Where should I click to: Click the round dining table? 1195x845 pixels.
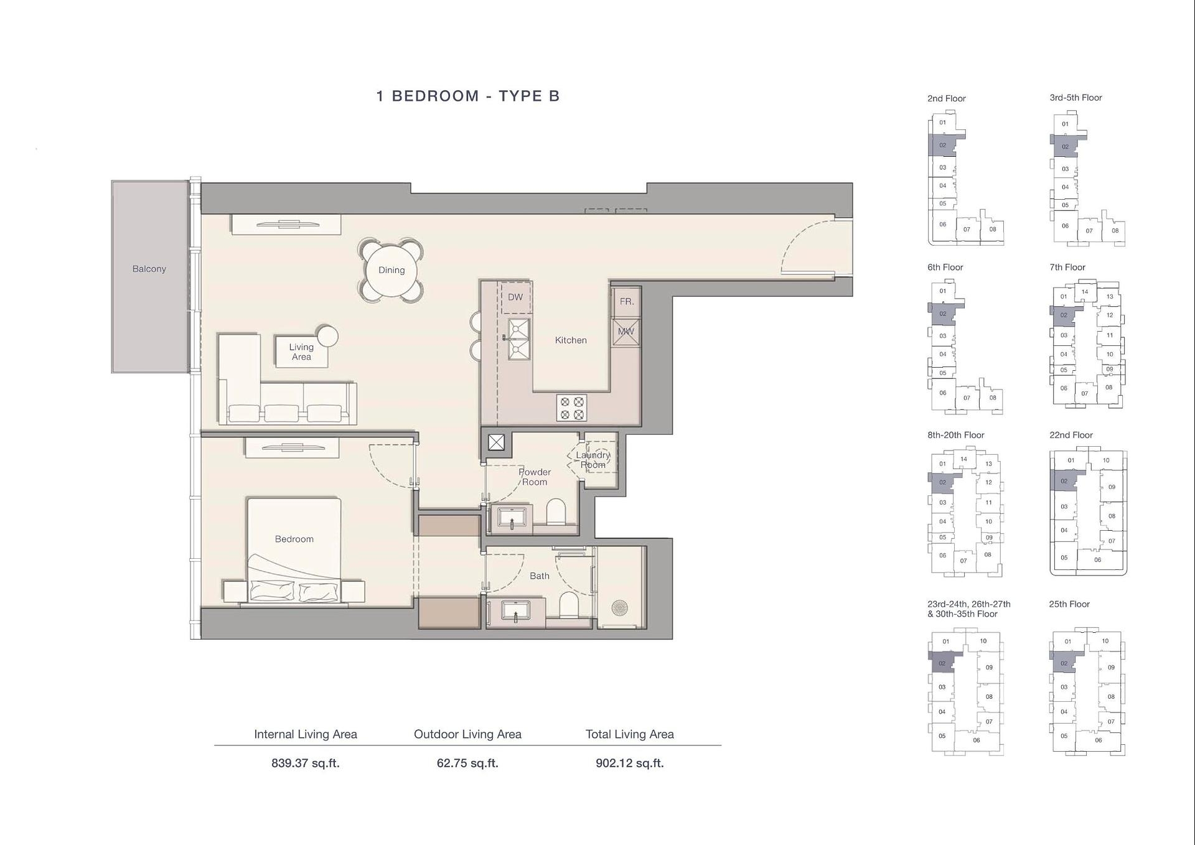[391, 270]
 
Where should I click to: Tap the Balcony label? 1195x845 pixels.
[149, 269]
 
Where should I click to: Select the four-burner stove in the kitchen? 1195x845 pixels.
[571, 408]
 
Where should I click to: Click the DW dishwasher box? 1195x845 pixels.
[516, 297]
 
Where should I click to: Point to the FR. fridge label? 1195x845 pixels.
[626, 302]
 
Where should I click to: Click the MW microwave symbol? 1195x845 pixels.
[626, 332]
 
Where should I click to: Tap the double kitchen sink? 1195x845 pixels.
[518, 339]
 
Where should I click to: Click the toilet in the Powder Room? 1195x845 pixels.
[555, 513]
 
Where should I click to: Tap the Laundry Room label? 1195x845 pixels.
[593, 460]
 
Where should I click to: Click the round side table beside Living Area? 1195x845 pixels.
[327, 337]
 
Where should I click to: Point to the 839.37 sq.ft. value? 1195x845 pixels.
[305, 763]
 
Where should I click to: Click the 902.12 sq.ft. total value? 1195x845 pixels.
[629, 763]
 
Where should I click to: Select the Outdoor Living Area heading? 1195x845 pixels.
[467, 734]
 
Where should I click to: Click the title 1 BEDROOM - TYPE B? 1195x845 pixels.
[468, 96]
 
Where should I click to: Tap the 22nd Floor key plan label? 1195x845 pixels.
[1071, 435]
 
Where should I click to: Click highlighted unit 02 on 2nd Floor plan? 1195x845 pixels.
[942, 146]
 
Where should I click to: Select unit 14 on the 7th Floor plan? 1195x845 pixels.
[1085, 291]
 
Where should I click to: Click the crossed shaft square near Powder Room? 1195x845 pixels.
[496, 442]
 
